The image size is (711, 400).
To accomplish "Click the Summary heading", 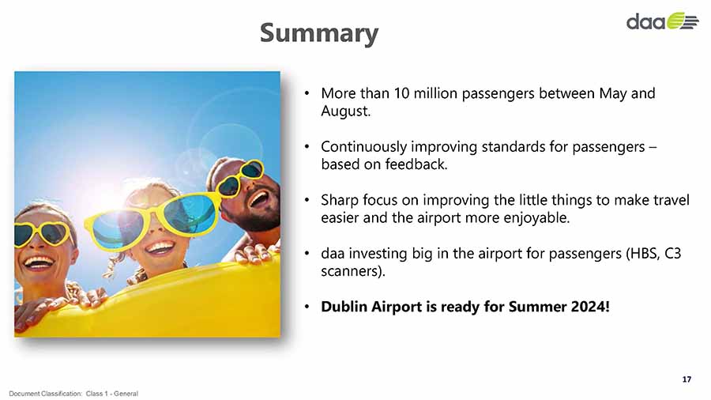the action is click(x=319, y=33).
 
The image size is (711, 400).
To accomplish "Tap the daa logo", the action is click(x=662, y=21).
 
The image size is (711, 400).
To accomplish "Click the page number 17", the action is click(x=687, y=379).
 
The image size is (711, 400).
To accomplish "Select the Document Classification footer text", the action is click(x=73, y=394).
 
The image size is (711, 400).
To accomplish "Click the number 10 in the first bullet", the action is click(x=401, y=93).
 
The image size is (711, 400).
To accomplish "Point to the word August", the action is click(x=345, y=111).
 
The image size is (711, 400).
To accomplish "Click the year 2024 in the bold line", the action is click(x=590, y=307).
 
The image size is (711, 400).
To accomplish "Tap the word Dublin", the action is click(x=344, y=307).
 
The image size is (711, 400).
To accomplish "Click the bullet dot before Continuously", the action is click(x=307, y=147).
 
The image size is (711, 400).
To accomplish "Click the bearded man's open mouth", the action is click(x=259, y=198).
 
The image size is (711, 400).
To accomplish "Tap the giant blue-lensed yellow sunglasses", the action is click(x=152, y=221).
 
